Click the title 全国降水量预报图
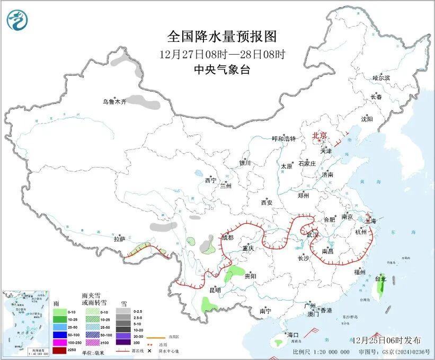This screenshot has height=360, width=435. click(222, 36)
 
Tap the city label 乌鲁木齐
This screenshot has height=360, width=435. click(115, 102)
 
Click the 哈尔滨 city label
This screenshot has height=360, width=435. click(381, 78)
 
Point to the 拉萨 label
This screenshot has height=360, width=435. click(119, 239)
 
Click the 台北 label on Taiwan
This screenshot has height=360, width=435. click(381, 278)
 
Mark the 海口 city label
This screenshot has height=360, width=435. click(293, 335)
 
